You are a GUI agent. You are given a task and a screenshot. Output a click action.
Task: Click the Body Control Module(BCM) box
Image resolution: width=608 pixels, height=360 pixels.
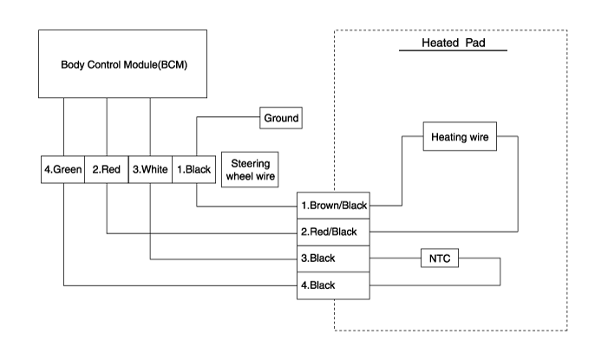(121, 63)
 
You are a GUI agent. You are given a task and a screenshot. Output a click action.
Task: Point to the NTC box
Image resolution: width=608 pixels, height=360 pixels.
(438, 259)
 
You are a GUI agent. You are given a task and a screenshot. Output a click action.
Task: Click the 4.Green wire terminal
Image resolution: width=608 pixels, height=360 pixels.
(62, 170)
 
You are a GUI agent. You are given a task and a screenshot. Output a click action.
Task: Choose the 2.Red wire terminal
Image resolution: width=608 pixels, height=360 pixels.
(106, 170)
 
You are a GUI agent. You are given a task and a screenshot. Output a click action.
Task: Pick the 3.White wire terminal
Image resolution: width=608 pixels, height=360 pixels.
(149, 170)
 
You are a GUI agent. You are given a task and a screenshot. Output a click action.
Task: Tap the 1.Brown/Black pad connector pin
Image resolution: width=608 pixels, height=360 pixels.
(333, 206)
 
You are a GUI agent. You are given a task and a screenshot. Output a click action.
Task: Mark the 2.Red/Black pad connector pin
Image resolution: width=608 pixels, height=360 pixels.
(333, 232)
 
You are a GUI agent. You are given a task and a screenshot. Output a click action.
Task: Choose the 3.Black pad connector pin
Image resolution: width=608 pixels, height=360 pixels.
(333, 259)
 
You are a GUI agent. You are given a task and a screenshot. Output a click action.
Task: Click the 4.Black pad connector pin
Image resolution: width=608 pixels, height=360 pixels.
(333, 285)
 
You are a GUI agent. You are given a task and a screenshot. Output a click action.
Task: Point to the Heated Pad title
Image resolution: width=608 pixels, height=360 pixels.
(451, 43)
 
